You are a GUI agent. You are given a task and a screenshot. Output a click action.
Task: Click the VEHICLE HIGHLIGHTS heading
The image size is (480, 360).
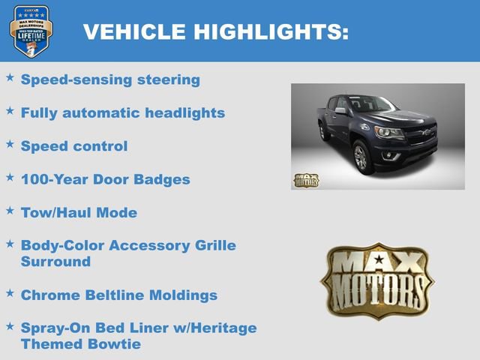(x=215, y=31)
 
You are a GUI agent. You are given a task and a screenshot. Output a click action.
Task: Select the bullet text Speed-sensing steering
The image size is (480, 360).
(x=110, y=79)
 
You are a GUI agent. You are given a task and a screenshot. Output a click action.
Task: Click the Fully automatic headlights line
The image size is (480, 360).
(x=122, y=112)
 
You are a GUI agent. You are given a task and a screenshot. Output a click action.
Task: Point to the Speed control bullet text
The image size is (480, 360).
(x=74, y=145)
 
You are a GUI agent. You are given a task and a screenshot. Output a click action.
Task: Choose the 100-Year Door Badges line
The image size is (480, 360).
(x=105, y=179)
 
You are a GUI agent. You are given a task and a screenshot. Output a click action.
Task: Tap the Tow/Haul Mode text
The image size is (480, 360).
(x=79, y=212)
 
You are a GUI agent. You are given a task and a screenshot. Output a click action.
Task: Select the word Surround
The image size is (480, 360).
(x=55, y=262)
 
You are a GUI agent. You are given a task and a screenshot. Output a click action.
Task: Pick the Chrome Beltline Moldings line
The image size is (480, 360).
(x=118, y=295)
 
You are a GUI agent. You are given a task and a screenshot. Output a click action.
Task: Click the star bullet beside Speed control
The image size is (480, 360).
(x=10, y=143)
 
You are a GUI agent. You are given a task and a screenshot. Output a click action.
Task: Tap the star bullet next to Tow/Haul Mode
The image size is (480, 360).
(x=10, y=210)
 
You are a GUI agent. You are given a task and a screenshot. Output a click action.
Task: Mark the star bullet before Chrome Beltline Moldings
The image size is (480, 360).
(x=10, y=292)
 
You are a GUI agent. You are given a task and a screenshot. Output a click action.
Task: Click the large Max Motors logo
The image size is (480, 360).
(x=377, y=279)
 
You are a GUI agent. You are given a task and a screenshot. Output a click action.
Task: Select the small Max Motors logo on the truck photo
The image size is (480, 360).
(x=305, y=180)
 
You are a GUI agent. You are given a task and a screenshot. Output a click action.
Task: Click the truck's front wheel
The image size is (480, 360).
(x=361, y=157)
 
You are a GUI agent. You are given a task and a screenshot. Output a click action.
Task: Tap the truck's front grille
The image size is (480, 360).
(x=419, y=136)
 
